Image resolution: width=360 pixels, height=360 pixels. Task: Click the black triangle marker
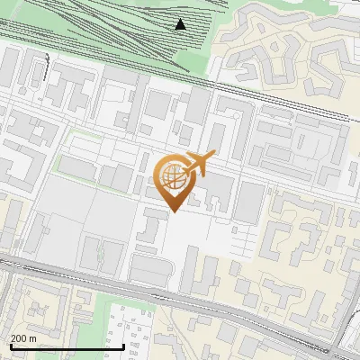pyautogui.click(x=181, y=24)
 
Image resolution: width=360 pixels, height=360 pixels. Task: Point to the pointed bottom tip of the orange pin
pyautogui.click(x=172, y=210)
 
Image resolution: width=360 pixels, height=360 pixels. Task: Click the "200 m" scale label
pyautogui.click(x=24, y=338)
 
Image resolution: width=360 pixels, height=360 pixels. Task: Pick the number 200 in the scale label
pyautogui.click(x=20, y=338)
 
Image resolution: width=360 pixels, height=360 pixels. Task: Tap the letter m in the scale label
pyautogui.click(x=34, y=338)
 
